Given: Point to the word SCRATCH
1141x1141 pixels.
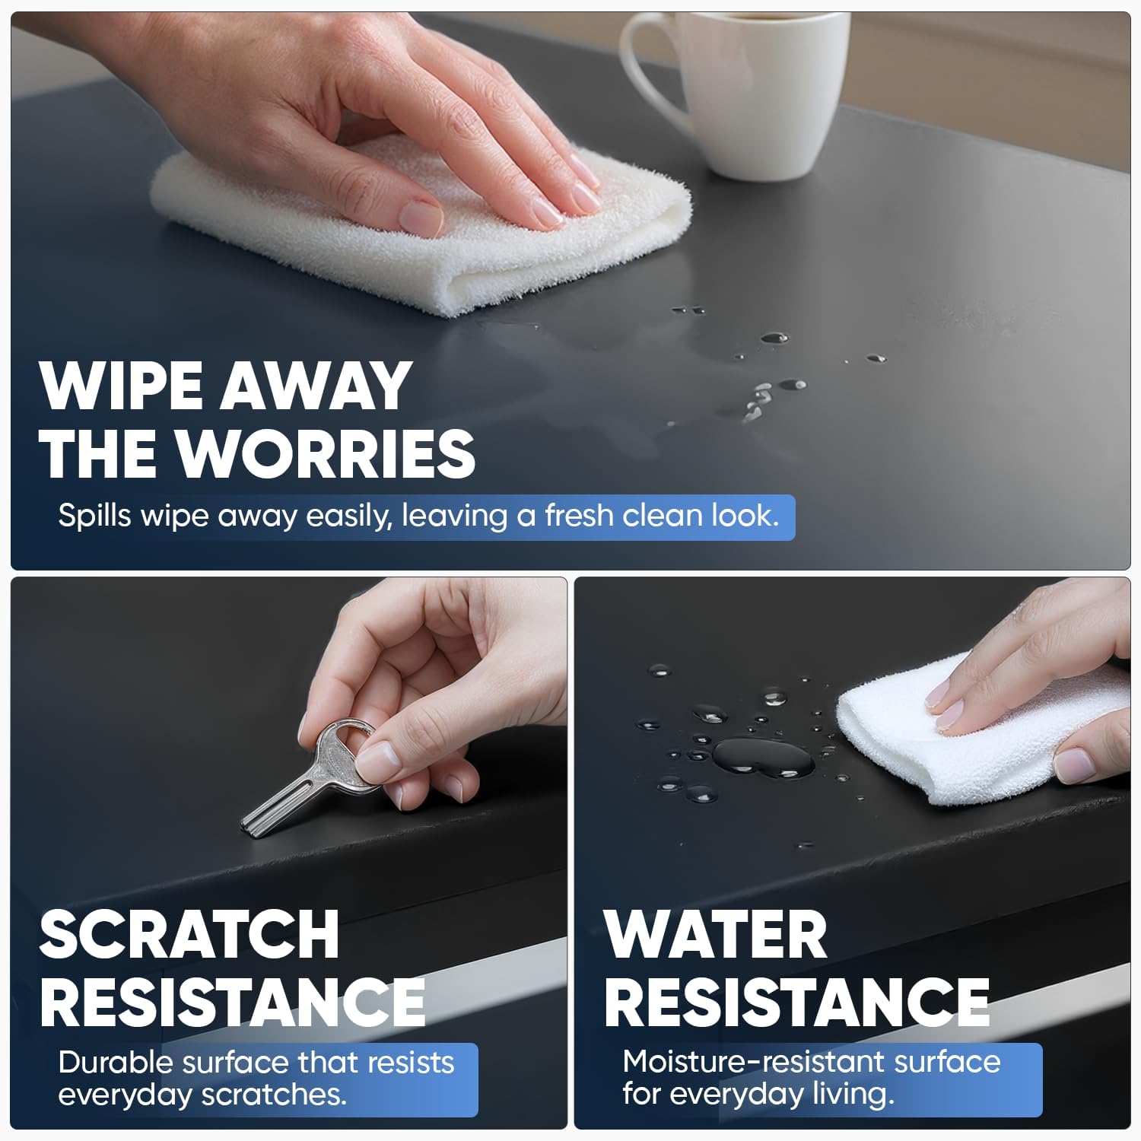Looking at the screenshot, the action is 189,934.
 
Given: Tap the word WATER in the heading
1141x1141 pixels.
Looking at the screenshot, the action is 716,934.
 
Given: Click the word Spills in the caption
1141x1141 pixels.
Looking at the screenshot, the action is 95,516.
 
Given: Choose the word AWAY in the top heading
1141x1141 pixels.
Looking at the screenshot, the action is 316,386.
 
